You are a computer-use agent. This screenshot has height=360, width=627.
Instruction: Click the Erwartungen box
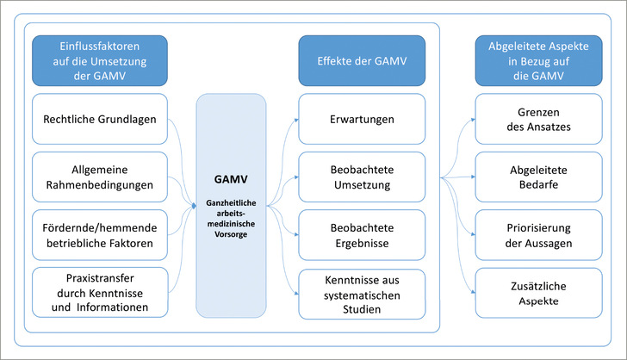click(361, 119)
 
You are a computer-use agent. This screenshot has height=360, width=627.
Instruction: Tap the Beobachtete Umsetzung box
click(361, 177)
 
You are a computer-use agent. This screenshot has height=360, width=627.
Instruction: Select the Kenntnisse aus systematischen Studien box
click(361, 292)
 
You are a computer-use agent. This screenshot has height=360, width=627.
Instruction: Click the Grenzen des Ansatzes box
click(538, 119)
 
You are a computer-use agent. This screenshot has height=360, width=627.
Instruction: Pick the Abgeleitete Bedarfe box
click(538, 177)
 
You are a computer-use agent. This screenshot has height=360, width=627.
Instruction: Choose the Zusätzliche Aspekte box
click(538, 292)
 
